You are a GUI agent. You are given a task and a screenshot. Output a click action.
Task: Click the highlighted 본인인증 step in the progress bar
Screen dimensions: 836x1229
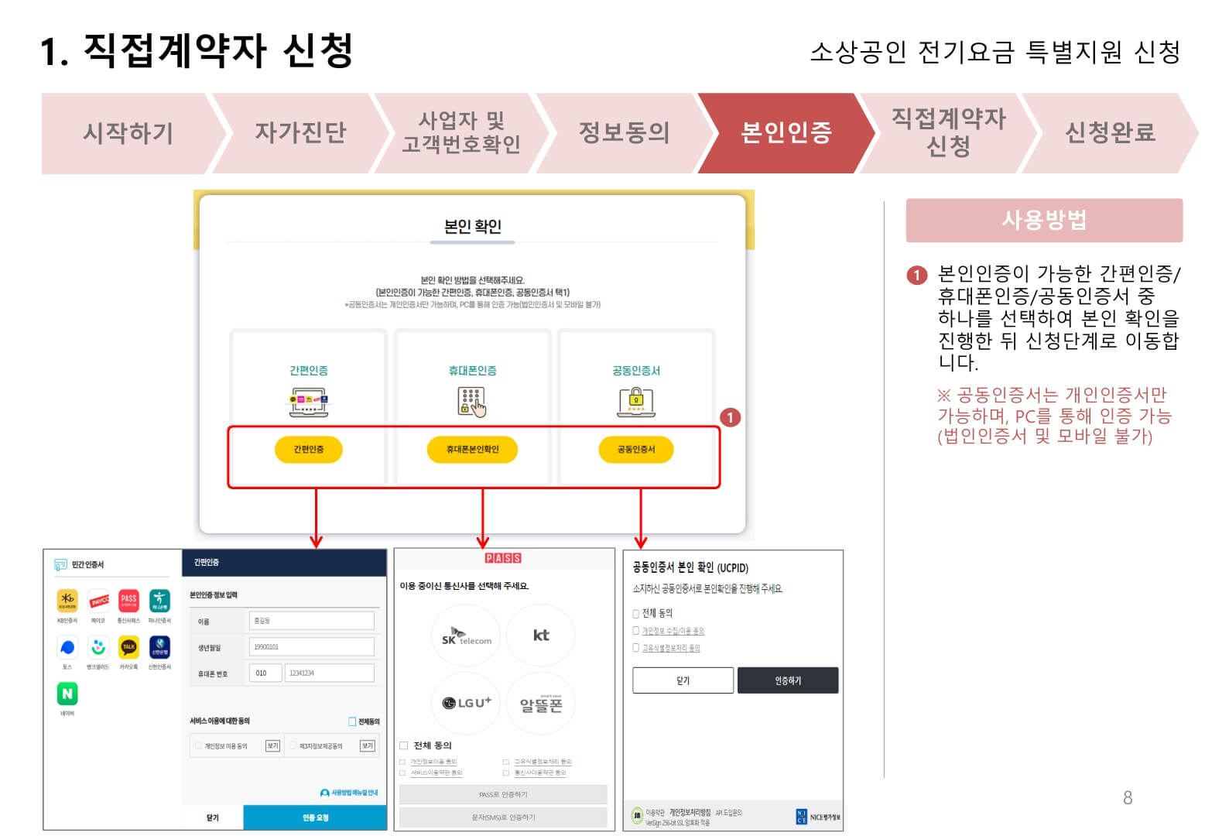(x=786, y=133)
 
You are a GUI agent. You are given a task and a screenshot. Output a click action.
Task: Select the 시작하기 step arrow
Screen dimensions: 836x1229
(x=128, y=133)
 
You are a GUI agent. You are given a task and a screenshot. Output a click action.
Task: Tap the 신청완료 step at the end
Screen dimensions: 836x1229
(x=1110, y=133)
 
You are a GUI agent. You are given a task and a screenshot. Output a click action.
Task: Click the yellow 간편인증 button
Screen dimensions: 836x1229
(x=308, y=450)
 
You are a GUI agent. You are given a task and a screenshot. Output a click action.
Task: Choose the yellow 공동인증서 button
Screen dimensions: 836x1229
(x=635, y=450)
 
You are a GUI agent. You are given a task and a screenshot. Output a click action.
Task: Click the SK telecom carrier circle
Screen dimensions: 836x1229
(x=466, y=636)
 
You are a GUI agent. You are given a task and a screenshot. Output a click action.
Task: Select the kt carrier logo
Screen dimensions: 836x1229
(x=541, y=636)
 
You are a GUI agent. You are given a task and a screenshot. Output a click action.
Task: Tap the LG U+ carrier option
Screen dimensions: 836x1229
(x=466, y=703)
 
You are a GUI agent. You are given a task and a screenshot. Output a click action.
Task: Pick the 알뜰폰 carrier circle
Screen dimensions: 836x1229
(x=541, y=704)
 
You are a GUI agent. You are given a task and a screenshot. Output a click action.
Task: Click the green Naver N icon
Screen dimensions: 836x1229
(x=67, y=694)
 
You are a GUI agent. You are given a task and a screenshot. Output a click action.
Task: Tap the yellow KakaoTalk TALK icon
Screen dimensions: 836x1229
(x=128, y=647)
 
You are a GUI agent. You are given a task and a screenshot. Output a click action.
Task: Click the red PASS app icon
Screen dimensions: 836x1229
(x=128, y=600)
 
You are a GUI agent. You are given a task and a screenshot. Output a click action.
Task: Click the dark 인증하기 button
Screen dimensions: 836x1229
(x=787, y=680)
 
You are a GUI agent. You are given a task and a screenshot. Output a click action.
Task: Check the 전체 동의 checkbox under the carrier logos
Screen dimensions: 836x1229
(x=403, y=745)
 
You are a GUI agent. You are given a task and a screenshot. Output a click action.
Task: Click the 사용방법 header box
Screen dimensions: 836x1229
(x=1043, y=221)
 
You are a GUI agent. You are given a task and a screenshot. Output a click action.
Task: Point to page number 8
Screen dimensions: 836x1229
(x=1128, y=798)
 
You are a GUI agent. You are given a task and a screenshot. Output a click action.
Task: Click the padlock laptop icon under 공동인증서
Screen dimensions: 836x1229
(x=635, y=402)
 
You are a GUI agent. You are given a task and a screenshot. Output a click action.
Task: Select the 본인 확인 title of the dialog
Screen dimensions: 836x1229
(x=472, y=227)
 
